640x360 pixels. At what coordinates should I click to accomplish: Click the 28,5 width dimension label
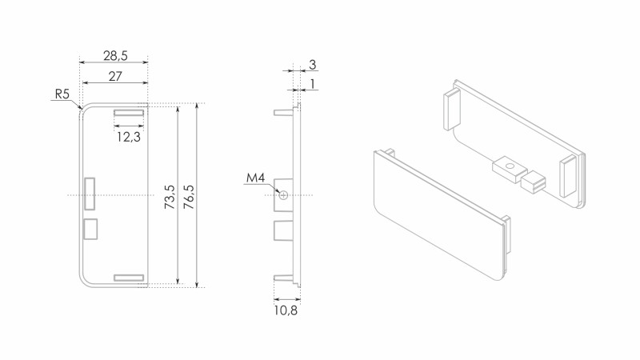[115, 55]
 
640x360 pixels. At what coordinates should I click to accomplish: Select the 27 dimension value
[115, 76]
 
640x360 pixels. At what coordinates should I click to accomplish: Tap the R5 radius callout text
[62, 94]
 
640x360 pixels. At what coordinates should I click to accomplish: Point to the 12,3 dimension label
[129, 137]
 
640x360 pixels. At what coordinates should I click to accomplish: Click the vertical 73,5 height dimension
[170, 197]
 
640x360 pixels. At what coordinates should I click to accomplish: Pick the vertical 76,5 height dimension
[189, 197]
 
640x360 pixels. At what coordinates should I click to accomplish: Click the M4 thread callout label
[255, 178]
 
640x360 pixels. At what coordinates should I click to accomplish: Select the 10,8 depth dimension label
[286, 310]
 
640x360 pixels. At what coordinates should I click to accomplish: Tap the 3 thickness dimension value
[312, 65]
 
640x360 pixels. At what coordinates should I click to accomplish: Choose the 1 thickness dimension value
[313, 84]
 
